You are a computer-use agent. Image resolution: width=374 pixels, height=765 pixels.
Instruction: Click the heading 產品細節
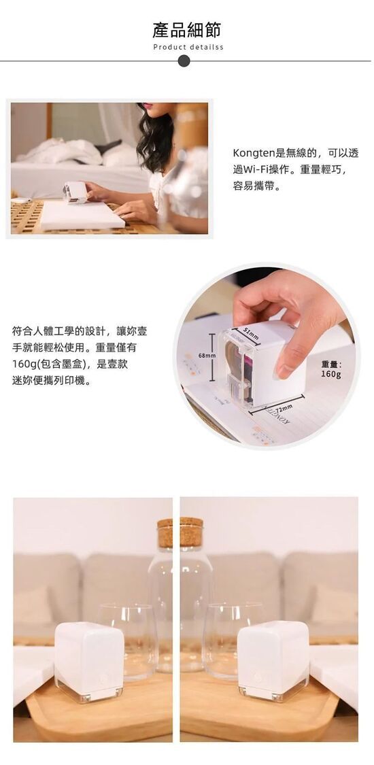pos(187,29)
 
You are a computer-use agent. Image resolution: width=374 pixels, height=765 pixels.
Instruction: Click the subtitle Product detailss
pos(188,48)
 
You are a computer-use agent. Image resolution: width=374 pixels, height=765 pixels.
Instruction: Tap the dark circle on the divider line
pos(184,61)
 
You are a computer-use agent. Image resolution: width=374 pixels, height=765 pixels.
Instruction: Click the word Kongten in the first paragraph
pos(254,153)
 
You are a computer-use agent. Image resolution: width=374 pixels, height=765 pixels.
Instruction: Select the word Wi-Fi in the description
pos(258,170)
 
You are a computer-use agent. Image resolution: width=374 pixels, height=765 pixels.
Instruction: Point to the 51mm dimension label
pos(252,334)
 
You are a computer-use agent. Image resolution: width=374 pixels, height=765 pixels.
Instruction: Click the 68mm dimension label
pos(206,356)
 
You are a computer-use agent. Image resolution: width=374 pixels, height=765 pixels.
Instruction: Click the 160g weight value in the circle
pos(331,374)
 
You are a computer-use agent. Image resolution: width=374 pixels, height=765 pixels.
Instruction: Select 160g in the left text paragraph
pos(24,364)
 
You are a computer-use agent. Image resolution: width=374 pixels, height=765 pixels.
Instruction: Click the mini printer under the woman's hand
pos(74,192)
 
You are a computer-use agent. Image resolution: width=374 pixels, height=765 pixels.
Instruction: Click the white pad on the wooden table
pos(82,215)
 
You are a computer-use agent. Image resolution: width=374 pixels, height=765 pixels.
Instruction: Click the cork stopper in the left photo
pos(165,532)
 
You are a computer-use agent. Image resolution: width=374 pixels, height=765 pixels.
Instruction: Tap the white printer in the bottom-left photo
pos(89,661)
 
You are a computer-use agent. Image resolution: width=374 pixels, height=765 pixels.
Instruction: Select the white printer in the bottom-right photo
pos(273,661)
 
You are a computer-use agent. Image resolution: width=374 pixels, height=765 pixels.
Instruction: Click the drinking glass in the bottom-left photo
pos(128,640)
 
